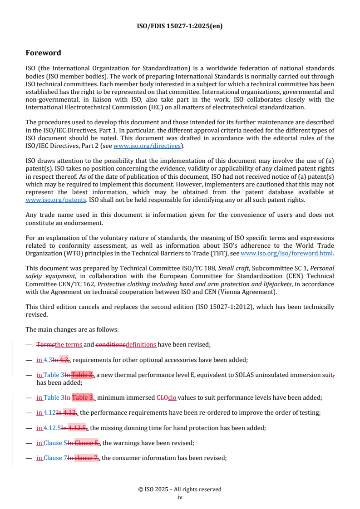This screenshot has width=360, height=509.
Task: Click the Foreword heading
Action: pos(43,53)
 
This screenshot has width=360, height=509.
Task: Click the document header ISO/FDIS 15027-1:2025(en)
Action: pos(180,26)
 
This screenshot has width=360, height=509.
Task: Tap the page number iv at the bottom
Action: pos(180,497)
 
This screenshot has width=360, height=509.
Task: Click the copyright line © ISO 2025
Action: pos(180,489)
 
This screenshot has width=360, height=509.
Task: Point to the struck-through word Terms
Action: pos(45,344)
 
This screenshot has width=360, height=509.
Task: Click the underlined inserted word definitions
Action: pos(141,344)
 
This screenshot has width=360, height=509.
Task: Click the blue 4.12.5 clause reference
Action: pos(52,427)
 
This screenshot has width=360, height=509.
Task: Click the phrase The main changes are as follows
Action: pos(72,329)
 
